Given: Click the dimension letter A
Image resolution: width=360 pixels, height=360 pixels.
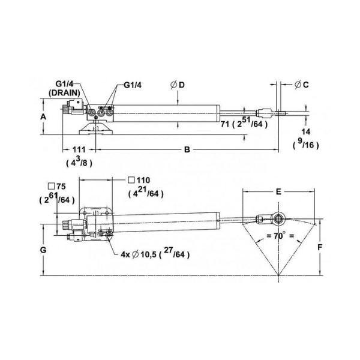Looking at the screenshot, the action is [x=43, y=117].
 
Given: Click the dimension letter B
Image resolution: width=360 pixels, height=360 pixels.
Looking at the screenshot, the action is [x=187, y=149].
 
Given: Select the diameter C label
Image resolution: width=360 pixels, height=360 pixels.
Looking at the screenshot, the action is [x=301, y=85].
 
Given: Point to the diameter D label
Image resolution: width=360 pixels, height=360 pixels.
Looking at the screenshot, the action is [x=178, y=85].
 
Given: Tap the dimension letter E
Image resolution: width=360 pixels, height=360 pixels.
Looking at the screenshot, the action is [x=278, y=191].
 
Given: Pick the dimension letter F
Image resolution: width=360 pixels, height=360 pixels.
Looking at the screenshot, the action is [x=320, y=247].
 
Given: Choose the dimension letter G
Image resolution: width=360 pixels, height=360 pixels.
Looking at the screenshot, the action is [x=43, y=250].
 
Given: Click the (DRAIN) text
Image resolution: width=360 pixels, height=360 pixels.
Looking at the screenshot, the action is [x=64, y=93].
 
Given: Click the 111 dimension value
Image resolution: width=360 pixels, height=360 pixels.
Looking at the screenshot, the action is [x=79, y=149].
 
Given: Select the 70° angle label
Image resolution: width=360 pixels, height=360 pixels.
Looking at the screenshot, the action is [x=280, y=236].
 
